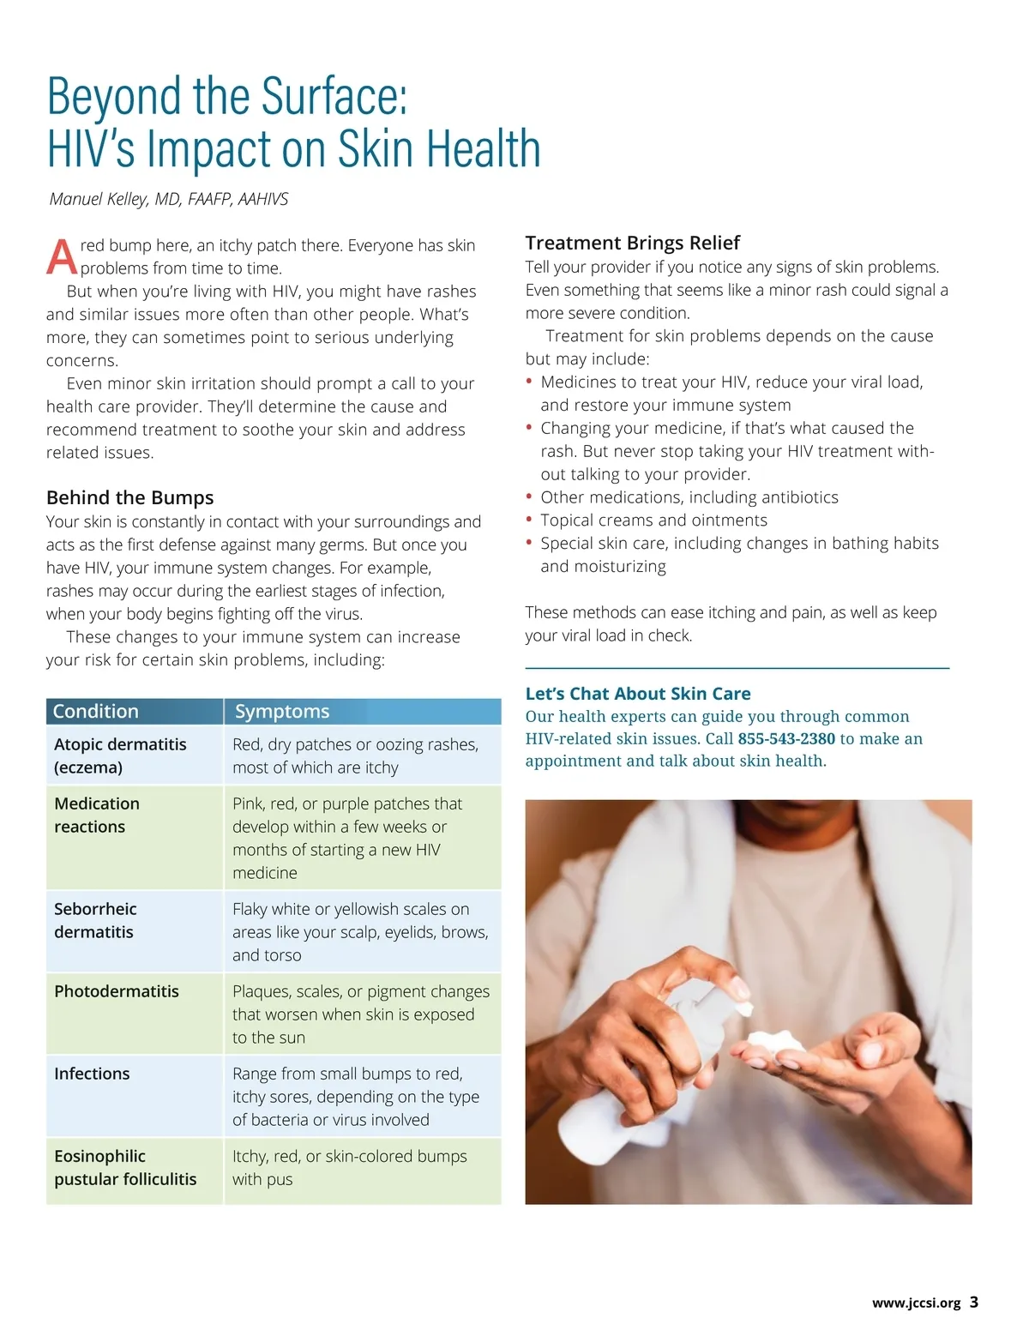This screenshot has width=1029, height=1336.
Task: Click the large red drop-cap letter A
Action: point(62,256)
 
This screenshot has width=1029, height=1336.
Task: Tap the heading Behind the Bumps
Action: point(129,497)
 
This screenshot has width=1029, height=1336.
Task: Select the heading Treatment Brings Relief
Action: point(632,243)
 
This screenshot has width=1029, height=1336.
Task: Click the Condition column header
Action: point(96,711)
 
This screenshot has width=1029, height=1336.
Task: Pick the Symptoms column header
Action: point(282,711)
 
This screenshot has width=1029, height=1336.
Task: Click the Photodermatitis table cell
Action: point(117,991)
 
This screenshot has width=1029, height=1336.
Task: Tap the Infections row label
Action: point(92,1074)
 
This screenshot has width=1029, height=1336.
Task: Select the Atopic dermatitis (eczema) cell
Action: point(120,755)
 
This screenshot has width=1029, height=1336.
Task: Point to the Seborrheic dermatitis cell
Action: point(95,920)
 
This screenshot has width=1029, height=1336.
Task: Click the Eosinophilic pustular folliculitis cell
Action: point(125,1167)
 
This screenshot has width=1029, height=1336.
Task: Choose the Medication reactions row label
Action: point(96,815)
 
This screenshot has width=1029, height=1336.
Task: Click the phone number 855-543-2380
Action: point(786,738)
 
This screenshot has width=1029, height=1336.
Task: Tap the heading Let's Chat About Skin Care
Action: point(638,694)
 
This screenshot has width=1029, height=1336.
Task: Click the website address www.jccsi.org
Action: point(916,1303)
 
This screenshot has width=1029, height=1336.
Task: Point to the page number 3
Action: point(974,1302)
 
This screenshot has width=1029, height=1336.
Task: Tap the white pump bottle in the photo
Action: point(652,1072)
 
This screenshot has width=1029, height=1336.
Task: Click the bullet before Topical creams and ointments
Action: point(529,520)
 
